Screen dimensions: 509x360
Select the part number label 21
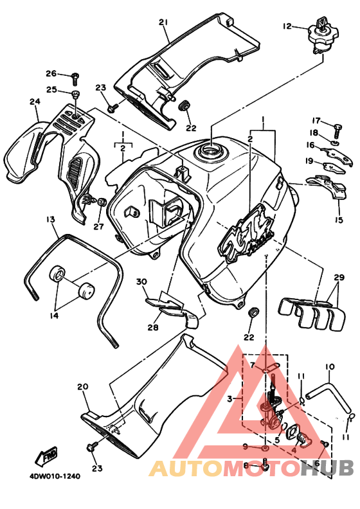click(163, 22)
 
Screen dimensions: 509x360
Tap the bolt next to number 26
click(75, 75)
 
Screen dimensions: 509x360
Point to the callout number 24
click(34, 102)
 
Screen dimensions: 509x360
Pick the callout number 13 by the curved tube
click(50, 220)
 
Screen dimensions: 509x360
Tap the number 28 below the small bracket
click(152, 327)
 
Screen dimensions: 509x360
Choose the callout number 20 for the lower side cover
click(82, 386)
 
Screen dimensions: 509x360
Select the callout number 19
click(309, 161)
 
